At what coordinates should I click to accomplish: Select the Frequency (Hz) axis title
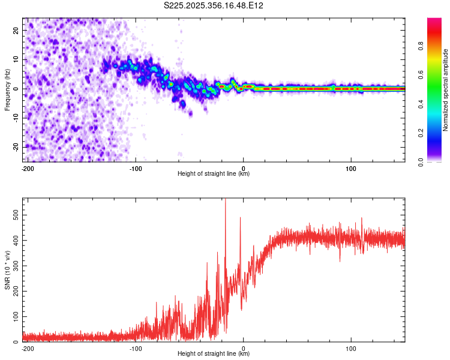(7, 90)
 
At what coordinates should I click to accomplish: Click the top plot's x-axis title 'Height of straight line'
(214, 174)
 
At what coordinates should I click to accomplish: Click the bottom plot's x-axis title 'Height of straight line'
(214, 354)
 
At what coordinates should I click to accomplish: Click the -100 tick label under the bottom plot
(135, 349)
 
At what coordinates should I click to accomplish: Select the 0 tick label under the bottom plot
(243, 349)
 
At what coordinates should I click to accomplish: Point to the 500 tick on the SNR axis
(16, 214)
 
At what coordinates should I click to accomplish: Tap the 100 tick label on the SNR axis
(16, 316)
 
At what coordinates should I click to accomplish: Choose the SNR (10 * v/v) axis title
(7, 270)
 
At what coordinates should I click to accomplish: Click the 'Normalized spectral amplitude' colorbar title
(446, 90)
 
